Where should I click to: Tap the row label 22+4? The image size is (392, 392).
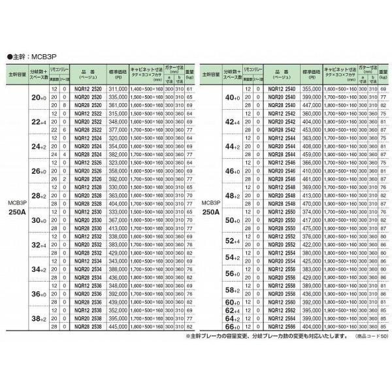tap(39, 121)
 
